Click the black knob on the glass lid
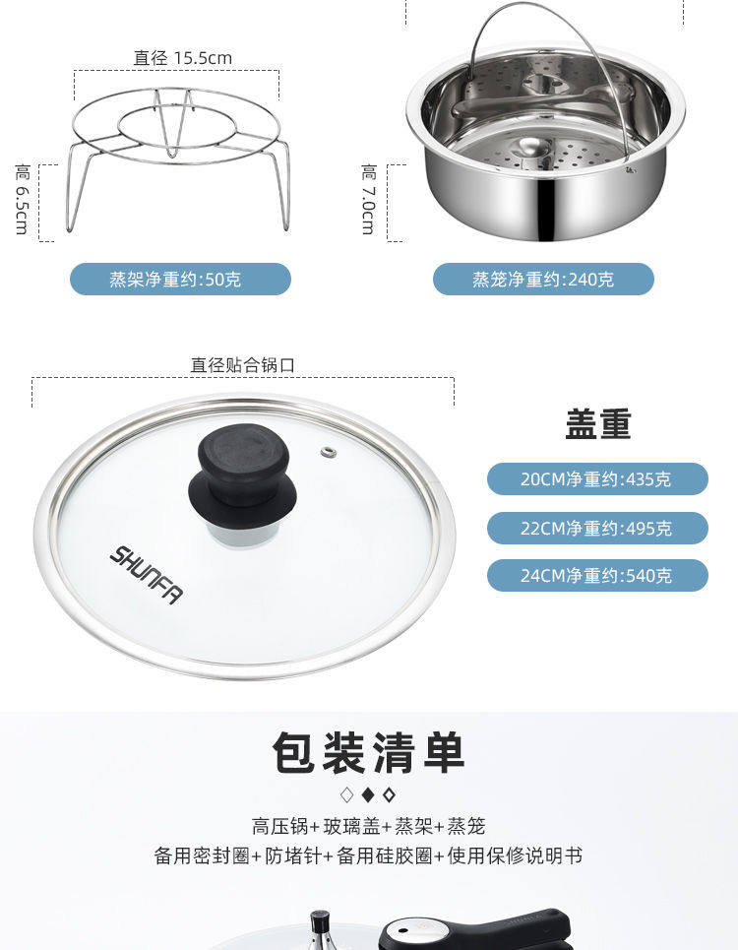pos(243,476)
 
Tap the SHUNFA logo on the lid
pos(146,574)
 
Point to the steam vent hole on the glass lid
pos(328,452)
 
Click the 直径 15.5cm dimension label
pos(182,57)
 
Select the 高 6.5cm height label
pos(22,199)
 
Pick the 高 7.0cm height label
pos(369,199)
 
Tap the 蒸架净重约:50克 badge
pos(180,280)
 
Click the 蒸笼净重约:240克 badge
pos(543,280)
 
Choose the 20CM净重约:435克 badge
pos(597,479)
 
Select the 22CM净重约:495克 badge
pos(597,529)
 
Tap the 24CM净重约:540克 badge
pos(597,576)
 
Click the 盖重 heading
pos(598,424)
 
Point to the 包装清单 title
pos(369,752)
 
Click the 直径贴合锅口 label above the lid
pos(243,364)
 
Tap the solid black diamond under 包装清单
pos(368,794)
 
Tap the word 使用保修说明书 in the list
pos(515,855)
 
